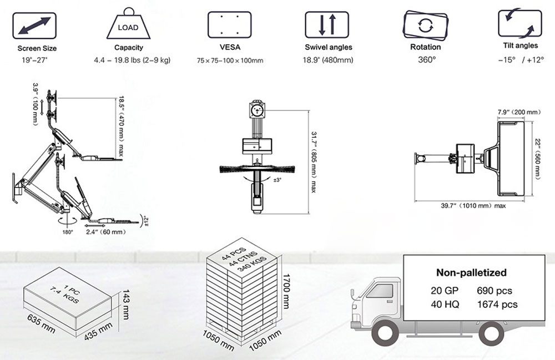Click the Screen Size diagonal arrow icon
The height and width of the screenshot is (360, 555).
click(34, 26)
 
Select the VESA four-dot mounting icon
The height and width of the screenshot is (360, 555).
click(229, 25)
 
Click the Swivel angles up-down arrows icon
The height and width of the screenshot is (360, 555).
click(327, 25)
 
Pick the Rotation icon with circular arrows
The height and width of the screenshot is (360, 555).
click(426, 25)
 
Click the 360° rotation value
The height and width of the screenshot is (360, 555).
click(426, 60)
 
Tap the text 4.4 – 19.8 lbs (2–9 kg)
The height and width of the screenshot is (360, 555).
click(132, 60)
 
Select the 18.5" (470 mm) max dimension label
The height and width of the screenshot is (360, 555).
click(120, 126)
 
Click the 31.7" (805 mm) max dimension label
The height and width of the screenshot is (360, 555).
click(313, 162)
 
